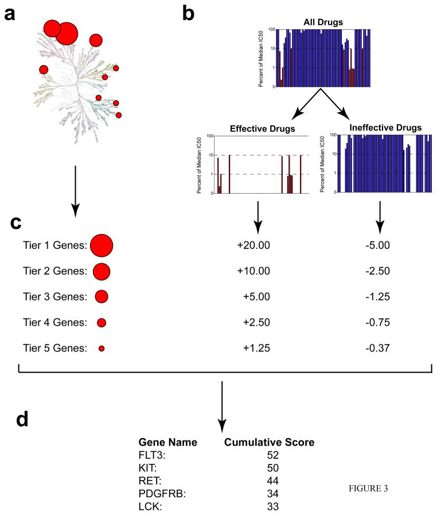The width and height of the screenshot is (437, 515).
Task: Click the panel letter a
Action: pyautogui.click(x=9, y=14)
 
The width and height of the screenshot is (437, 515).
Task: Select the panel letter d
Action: pyautogui.click(x=22, y=420)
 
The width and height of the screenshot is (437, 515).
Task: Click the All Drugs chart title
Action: pyautogui.click(x=323, y=22)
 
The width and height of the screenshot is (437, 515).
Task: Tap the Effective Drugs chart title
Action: pyautogui.click(x=262, y=128)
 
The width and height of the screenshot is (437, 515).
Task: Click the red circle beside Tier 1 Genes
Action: pyautogui.click(x=102, y=246)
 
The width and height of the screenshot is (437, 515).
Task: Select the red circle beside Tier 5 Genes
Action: pyautogui.click(x=102, y=348)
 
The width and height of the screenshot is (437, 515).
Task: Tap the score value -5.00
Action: pyautogui.click(x=377, y=246)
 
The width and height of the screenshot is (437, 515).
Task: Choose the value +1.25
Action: pyautogui.click(x=255, y=348)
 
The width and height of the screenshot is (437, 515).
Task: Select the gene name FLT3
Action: pyautogui.click(x=150, y=455)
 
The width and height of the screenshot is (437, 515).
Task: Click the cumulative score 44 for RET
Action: pyautogui.click(x=272, y=480)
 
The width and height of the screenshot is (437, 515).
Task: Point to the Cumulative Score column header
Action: pyautogui.click(x=269, y=442)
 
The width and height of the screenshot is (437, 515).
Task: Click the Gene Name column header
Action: pyautogui.click(x=168, y=442)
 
